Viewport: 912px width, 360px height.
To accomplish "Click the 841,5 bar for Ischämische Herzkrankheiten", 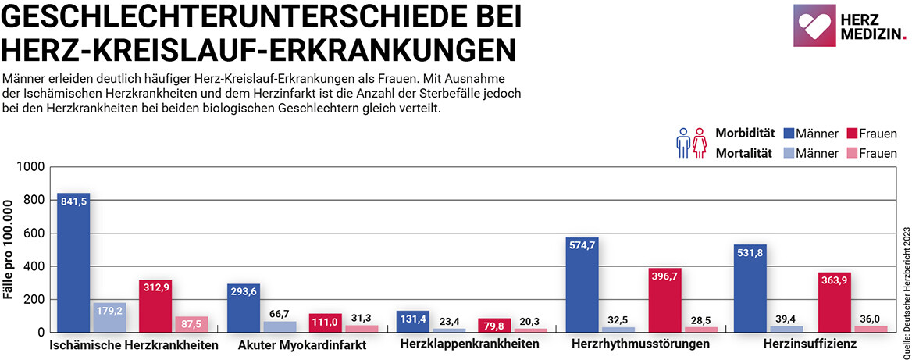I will [73, 262].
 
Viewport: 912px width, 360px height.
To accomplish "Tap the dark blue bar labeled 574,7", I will [582, 284].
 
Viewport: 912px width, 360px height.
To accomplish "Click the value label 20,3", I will [530, 320].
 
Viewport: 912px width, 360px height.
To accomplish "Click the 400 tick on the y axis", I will [34, 266].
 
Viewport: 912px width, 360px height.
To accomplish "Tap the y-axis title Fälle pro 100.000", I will [9, 250].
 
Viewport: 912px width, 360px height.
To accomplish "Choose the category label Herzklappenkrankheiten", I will [468, 344].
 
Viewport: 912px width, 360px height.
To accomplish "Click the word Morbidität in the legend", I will [745, 134].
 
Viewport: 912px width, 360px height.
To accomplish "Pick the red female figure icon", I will [700, 143].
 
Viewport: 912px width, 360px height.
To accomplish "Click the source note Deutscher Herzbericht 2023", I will [904, 289].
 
